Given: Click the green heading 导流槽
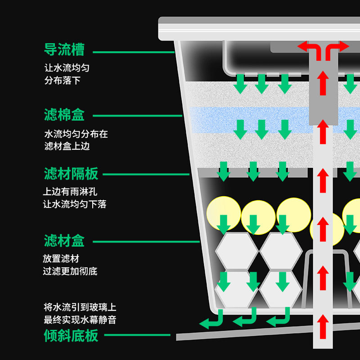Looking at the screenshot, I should (x=64, y=50).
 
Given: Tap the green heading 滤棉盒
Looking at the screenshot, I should (x=64, y=115).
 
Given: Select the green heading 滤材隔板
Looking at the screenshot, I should (x=71, y=174).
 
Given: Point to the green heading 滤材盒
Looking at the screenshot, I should (x=64, y=241).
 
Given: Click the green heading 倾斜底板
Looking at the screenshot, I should (x=71, y=335).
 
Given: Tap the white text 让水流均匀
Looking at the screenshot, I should (x=67, y=68).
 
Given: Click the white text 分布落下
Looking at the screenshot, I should (x=62, y=81).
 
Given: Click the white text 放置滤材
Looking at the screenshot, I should (x=61, y=259).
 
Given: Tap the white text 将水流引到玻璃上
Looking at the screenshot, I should (x=80, y=308).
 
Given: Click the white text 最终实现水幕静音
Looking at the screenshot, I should (x=80, y=320).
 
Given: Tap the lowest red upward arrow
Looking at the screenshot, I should (x=322, y=325).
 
